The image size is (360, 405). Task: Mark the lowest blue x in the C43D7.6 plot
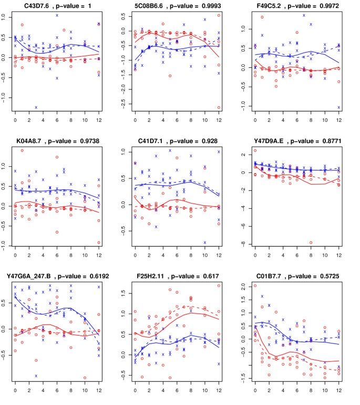(36, 107)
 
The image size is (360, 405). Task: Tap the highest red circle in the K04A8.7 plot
(22, 150)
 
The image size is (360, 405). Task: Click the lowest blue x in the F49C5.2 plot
(338, 107)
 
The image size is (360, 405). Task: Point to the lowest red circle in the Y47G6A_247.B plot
(85, 377)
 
